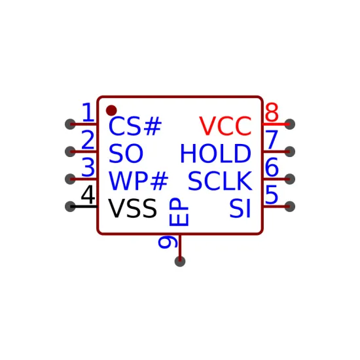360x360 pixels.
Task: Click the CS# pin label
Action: [x=135, y=126]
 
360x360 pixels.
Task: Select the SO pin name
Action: [x=126, y=153]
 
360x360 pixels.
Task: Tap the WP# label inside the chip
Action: [x=139, y=181]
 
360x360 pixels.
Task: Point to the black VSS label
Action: [x=132, y=208]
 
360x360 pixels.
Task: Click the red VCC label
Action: [x=225, y=126]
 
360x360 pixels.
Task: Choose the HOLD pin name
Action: [x=215, y=153]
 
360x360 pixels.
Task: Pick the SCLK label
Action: [x=220, y=181]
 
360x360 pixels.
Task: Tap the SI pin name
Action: [x=240, y=208]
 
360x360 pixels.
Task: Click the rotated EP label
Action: [x=179, y=211]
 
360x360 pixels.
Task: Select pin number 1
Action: [x=88, y=113]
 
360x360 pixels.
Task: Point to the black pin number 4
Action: [x=88, y=194]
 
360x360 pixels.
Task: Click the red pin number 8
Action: [x=272, y=113]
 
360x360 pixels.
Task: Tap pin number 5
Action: [x=272, y=194]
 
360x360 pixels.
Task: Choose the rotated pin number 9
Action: [x=168, y=242]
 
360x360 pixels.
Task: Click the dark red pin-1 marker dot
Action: [x=111, y=111]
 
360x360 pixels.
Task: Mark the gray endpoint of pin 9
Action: [x=180, y=261]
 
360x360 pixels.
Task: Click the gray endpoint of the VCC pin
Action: [x=290, y=124]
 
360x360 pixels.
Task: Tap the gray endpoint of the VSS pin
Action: [x=70, y=206]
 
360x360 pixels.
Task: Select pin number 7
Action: [x=272, y=139]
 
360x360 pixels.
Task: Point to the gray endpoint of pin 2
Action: [x=70, y=152]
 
